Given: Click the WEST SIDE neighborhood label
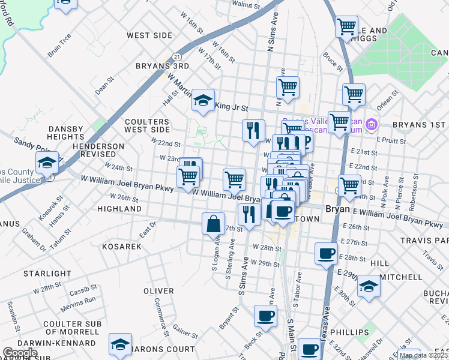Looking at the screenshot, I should pyautogui.click(x=149, y=35).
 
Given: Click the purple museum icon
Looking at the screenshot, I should pyautogui.click(x=371, y=125).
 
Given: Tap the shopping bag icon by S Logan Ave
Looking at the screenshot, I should pyautogui.click(x=213, y=224).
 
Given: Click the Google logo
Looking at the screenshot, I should pyautogui.click(x=20, y=352).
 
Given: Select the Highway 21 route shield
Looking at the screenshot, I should pyautogui.click(x=170, y=54).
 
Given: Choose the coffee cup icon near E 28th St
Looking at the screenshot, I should pyautogui.click(x=326, y=253).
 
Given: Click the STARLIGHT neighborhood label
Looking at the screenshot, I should pyautogui.click(x=47, y=274).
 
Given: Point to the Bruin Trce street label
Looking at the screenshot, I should pyautogui.click(x=59, y=45).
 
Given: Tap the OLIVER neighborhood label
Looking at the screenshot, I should pyautogui.click(x=158, y=291).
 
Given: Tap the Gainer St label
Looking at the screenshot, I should pyautogui.click(x=185, y=330).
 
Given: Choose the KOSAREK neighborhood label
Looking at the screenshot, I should pyautogui.click(x=121, y=247).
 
